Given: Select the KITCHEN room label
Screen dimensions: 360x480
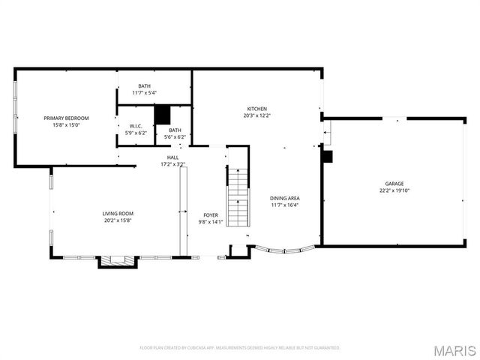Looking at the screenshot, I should (x=257, y=109).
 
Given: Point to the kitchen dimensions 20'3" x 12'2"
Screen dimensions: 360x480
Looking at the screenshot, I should (x=257, y=116).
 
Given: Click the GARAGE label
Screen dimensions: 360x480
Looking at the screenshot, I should (x=394, y=184).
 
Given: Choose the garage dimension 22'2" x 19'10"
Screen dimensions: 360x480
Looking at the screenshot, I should (x=394, y=191).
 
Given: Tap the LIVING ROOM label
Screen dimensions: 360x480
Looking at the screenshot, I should (x=118, y=214).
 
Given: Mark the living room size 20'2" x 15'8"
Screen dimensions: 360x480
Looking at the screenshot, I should (x=118, y=221).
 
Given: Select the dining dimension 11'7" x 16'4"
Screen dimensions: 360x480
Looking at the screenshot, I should (x=284, y=205).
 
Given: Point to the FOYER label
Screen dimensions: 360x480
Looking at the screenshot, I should (x=211, y=214).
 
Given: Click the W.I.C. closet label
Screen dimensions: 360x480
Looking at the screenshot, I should (x=136, y=126).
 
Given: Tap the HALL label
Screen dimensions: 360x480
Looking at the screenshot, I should (x=172, y=157).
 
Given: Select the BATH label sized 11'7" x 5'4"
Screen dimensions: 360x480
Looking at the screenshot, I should (x=145, y=86).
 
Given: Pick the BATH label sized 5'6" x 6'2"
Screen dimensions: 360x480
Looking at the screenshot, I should (x=175, y=130).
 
